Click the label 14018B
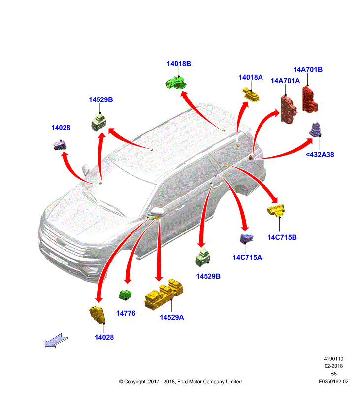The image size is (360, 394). coord(178,64)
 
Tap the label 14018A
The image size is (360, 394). coord(251,77)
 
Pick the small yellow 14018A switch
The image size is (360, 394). coord(252,95)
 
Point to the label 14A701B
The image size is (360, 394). coord(308,70)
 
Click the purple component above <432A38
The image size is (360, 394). coord(316,130)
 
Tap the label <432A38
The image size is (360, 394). coord(320,154)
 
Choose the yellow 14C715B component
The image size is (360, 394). coord(278,210)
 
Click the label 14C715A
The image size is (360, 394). coord(247,257)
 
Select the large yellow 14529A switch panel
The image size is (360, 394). coord(164,295)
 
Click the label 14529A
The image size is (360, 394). coord(171,317)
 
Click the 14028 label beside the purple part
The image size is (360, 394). coord(61,128)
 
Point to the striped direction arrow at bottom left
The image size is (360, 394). coord(56,341)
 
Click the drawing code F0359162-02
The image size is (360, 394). coord(333,381)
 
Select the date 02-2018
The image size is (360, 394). coord(333,366)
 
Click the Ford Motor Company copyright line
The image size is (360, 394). coord(180,381)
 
